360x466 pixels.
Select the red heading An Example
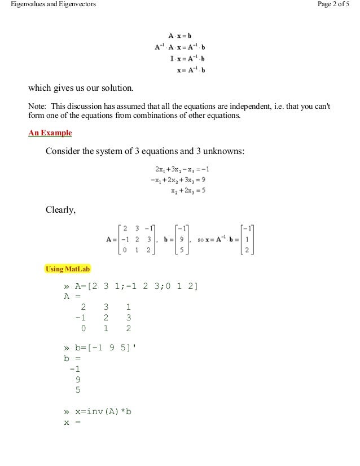tap(50, 134)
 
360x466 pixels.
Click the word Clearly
tap(60, 211)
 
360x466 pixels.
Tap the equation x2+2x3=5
tap(188, 191)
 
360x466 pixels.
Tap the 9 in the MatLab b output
tap(77, 379)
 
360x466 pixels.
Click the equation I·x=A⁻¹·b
tap(187, 59)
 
